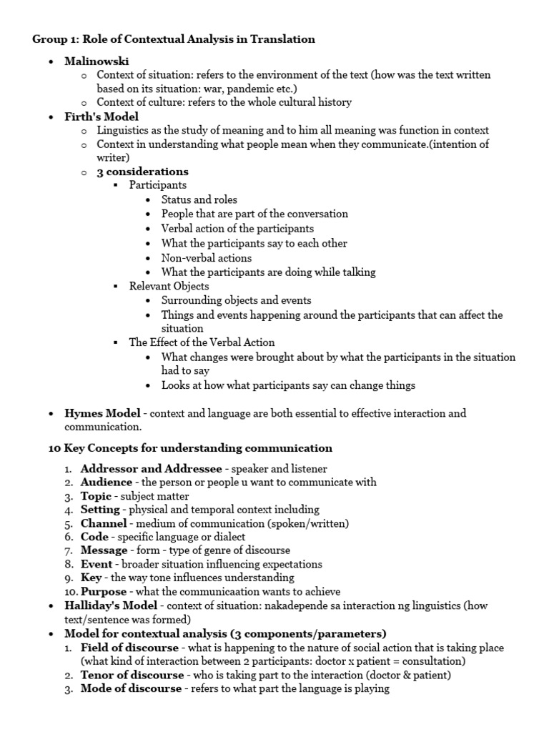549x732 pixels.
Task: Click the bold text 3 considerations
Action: coord(142,172)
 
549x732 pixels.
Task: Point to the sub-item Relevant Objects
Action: coord(169,286)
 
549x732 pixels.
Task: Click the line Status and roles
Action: coord(199,199)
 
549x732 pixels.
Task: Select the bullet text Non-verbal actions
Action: coord(206,257)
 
